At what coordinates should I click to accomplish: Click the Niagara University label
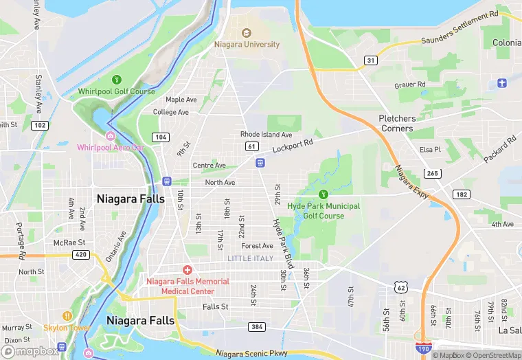(x=247, y=45)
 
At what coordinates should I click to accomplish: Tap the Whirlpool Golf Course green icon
(x=116, y=80)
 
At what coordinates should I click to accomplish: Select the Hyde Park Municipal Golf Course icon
(x=324, y=194)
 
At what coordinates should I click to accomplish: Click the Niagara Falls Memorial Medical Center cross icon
(x=187, y=270)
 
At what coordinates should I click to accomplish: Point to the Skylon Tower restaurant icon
(x=67, y=316)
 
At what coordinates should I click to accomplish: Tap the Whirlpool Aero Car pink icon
(x=110, y=135)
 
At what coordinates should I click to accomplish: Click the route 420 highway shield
(x=81, y=255)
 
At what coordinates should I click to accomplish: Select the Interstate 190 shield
(x=427, y=350)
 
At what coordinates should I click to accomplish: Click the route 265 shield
(x=432, y=173)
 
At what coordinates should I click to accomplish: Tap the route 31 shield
(x=370, y=60)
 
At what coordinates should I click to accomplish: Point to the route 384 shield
(x=257, y=326)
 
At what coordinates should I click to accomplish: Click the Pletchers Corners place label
(x=397, y=124)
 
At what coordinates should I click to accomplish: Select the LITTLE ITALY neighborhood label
(x=250, y=258)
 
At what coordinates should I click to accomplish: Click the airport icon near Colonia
(x=502, y=83)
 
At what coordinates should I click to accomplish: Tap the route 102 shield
(x=40, y=125)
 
